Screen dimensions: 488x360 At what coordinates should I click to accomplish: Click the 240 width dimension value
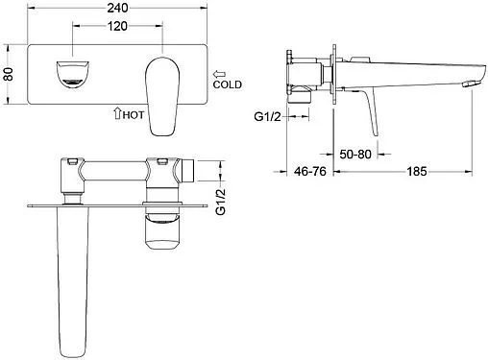(x=117, y=8)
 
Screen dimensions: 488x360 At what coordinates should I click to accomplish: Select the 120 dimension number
(x=117, y=26)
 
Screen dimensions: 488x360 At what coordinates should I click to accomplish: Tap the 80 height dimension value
(x=9, y=74)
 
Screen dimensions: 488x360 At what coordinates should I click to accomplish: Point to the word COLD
(x=228, y=84)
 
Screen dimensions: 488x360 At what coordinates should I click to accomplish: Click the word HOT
(x=134, y=115)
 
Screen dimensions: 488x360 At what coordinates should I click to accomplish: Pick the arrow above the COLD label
(x=220, y=75)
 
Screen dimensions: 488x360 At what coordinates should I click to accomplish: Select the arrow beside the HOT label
(x=117, y=113)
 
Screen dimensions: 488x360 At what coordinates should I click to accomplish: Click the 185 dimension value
(x=417, y=172)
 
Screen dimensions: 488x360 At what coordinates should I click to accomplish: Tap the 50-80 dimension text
(x=355, y=155)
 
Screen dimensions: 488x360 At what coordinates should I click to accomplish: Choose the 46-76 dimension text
(x=310, y=172)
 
